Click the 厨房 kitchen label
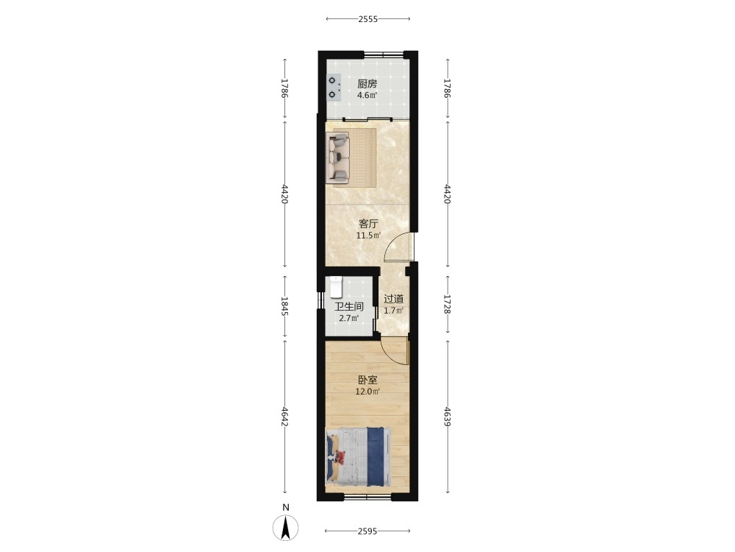coord(367,84)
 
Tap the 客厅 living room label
coord(368,224)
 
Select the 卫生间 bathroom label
coord(348,307)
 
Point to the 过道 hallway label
coord(394,299)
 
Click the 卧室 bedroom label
coord(368,381)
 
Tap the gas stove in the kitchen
coord(333,88)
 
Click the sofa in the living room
coord(338,158)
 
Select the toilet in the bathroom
coord(336,287)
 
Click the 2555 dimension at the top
coord(368,19)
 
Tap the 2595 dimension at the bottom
coord(367,531)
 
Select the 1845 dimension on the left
coord(284,306)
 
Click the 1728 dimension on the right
coord(447,305)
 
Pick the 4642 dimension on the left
coord(284,417)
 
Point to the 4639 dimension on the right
coord(447,417)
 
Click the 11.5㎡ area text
coord(368,236)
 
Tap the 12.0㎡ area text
coord(367,392)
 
